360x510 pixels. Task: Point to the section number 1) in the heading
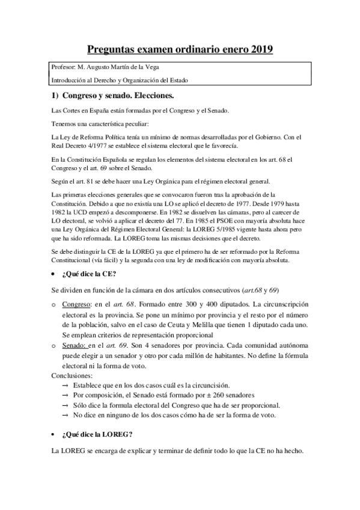(53, 96)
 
